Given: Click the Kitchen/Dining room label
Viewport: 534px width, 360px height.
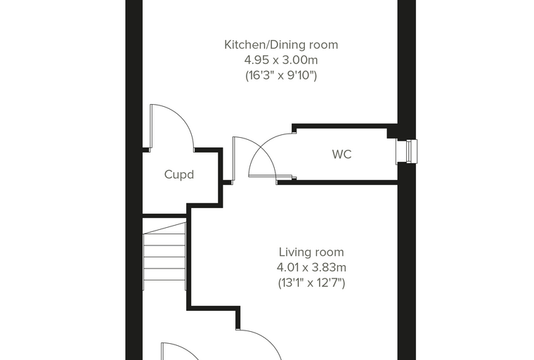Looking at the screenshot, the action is (281, 45).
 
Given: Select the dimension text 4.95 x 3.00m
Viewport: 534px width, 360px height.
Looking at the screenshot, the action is (281, 60).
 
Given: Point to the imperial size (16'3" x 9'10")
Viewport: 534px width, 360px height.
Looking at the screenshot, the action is (281, 75).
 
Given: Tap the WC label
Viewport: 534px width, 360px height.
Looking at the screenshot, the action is (341, 154).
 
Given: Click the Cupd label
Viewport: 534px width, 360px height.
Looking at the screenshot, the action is (179, 174).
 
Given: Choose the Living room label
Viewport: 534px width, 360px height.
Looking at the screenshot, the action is (311, 252).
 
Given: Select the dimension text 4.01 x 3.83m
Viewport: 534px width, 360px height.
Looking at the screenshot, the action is (311, 268).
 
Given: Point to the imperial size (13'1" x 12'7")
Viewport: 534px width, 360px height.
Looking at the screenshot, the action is (311, 283).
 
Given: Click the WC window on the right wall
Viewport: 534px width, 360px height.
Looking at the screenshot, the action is (407, 151).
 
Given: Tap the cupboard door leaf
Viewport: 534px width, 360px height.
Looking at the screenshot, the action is (150, 126).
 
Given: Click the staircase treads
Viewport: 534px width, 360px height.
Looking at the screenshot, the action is (164, 257).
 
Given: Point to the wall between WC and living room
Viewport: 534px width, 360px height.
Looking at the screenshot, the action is (337, 182).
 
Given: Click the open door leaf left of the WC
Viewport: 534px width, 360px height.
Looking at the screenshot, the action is (233, 158).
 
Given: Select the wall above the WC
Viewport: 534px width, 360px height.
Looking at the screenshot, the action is (345, 126).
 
